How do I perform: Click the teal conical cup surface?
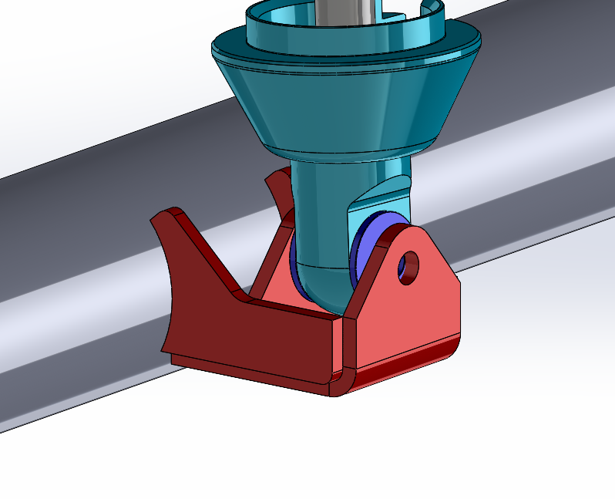coord(339,100)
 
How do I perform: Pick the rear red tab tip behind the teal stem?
coord(271,179)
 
